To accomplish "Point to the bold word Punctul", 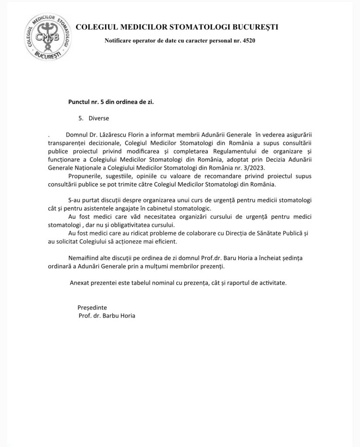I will click(80, 101).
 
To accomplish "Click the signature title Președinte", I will click(92, 307).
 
